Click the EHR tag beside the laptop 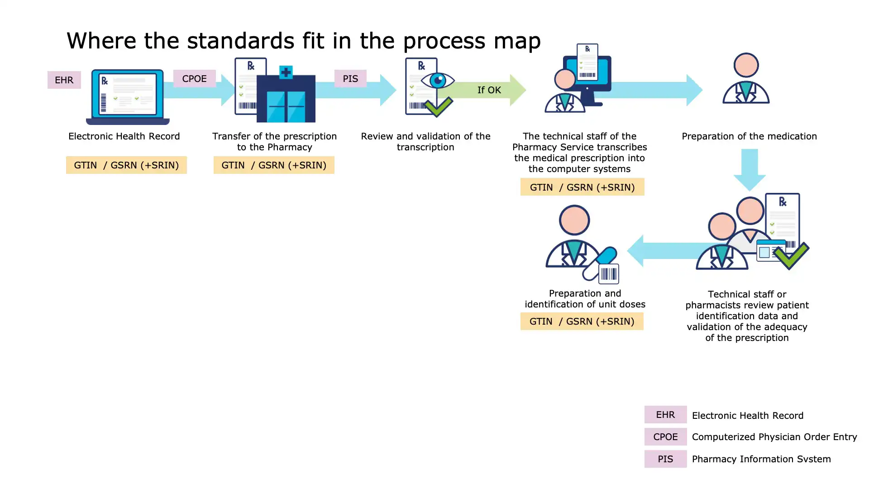[x=64, y=80]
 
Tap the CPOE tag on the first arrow [x=194, y=79]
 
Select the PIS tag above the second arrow [x=350, y=79]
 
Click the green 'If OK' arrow [x=489, y=90]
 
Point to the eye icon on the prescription [x=438, y=81]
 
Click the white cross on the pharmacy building [x=286, y=72]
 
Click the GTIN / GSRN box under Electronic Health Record [x=126, y=165]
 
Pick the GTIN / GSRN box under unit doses [x=582, y=321]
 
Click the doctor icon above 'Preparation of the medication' [x=746, y=79]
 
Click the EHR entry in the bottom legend [x=665, y=415]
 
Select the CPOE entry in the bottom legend [x=665, y=437]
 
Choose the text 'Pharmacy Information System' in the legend [x=761, y=459]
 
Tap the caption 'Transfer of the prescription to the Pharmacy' [x=274, y=142]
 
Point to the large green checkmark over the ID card [x=791, y=255]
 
